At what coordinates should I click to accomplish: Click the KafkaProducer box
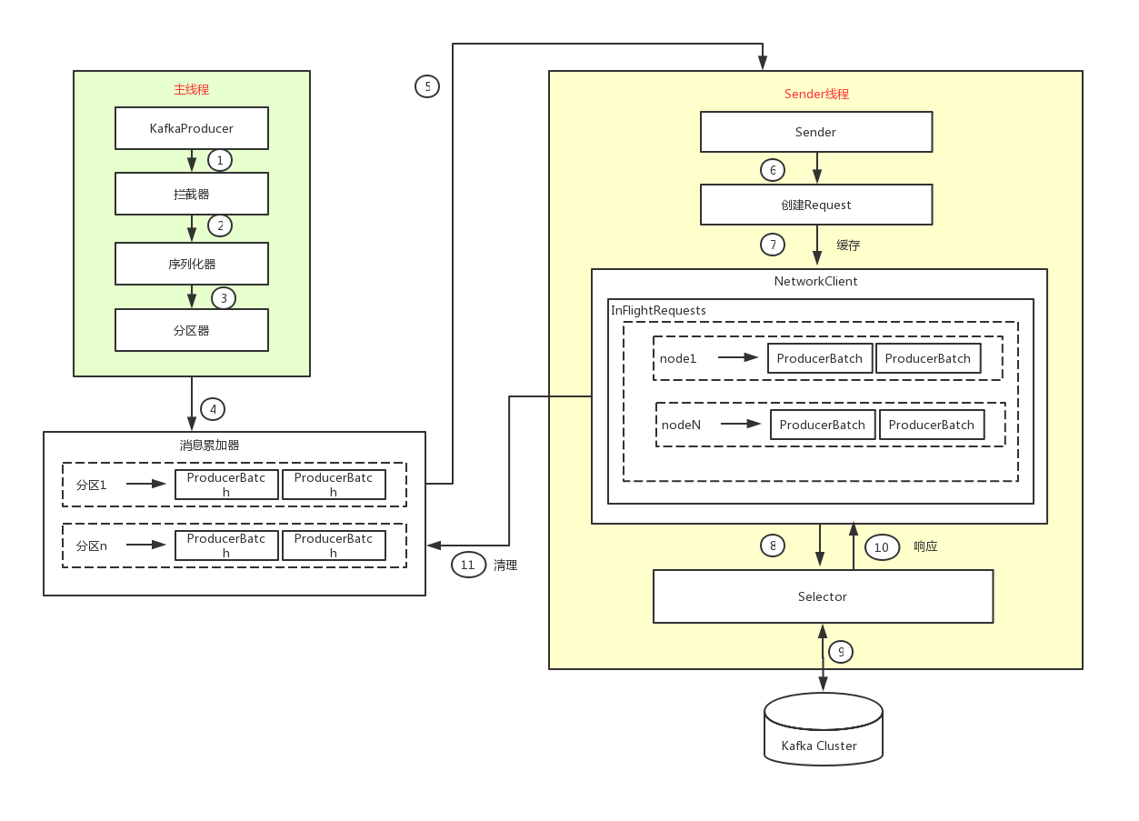tap(192, 128)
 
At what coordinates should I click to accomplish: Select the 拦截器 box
tap(192, 194)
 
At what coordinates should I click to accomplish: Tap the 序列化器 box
tap(192, 264)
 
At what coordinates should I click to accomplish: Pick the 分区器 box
tap(192, 330)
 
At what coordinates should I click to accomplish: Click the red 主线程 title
tap(192, 90)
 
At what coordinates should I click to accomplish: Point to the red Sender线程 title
tap(816, 94)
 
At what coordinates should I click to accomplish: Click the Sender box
tap(816, 132)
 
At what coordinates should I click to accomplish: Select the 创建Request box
tap(816, 205)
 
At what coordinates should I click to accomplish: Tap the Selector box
tap(823, 596)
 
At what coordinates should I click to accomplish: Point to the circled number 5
tap(427, 86)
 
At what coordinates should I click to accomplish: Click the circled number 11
tap(468, 565)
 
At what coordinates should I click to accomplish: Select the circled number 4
tap(213, 409)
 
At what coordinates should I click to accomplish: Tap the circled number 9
tap(841, 651)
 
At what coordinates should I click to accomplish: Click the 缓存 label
tap(848, 245)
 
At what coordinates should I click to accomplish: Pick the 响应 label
tap(925, 546)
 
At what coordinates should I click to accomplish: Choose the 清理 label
tap(505, 565)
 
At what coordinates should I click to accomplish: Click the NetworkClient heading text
tap(815, 281)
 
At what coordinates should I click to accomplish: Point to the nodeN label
tap(681, 425)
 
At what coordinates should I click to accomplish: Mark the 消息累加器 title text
tap(209, 446)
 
